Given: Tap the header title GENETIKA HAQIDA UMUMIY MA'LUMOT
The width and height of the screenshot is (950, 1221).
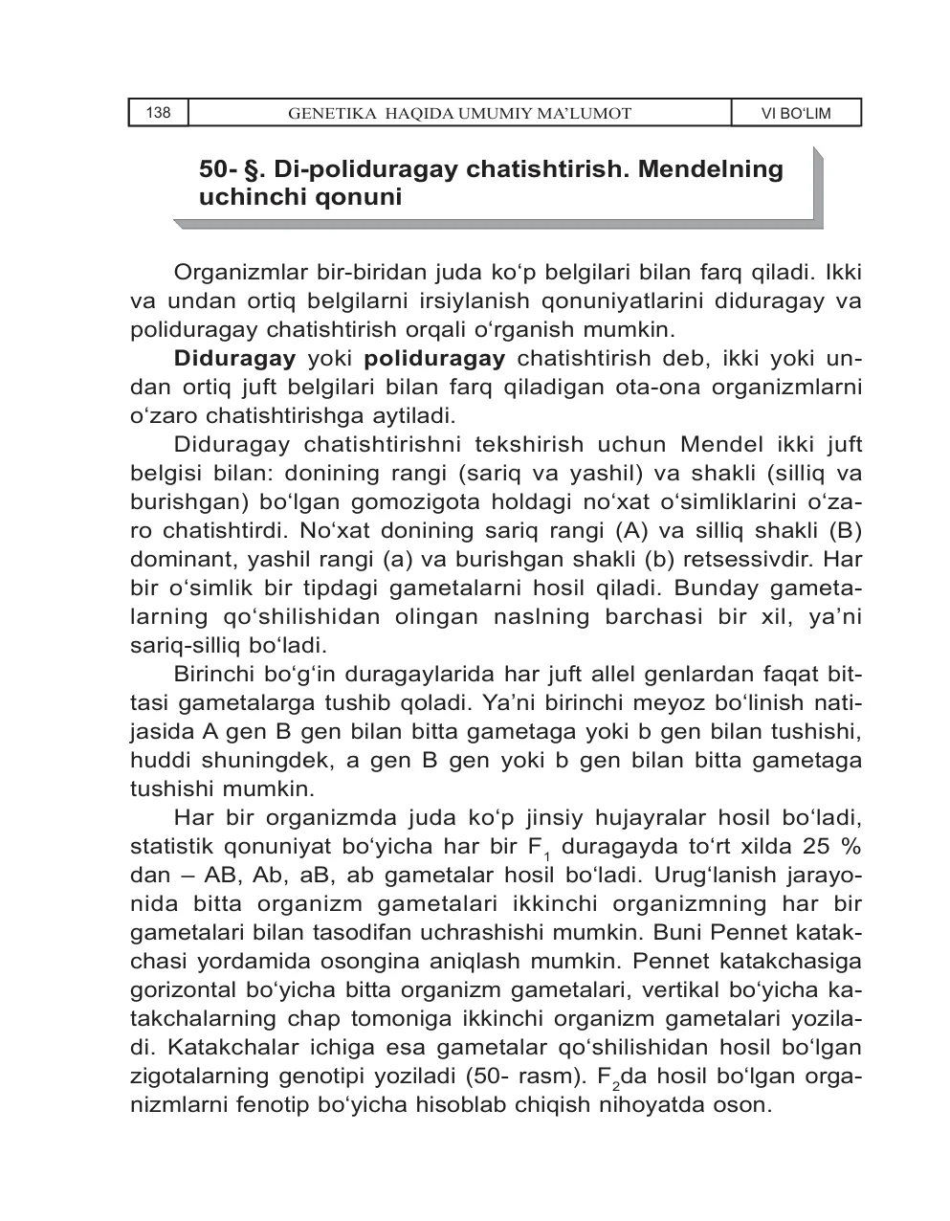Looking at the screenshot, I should tap(459, 114).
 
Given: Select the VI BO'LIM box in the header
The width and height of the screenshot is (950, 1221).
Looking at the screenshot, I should tap(795, 114).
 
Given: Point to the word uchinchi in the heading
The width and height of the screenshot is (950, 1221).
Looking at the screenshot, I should tap(243, 198).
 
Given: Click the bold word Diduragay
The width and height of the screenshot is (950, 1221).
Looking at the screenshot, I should tap(234, 360).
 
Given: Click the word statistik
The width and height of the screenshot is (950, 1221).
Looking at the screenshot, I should tap(171, 848).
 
